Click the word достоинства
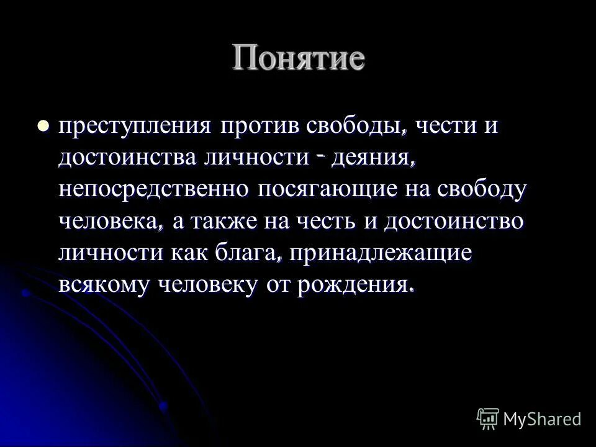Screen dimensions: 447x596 [x=127, y=158]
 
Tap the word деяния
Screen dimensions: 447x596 [x=371, y=158]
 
